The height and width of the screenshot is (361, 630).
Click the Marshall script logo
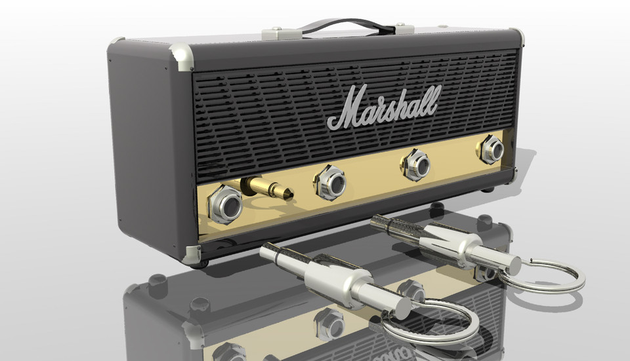383,105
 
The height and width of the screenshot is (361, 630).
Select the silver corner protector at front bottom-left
193,254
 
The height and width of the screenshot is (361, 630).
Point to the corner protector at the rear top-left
116,41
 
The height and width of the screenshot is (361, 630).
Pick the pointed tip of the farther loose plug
375,221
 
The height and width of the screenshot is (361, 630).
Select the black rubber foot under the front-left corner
202,263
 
